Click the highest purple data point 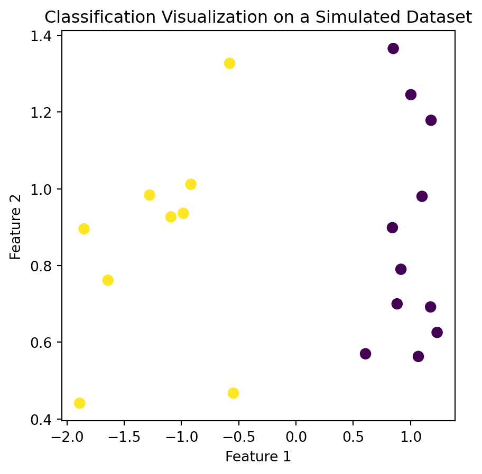(x=393, y=49)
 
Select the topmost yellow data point (x=229, y=63)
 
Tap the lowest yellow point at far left (x=79, y=403)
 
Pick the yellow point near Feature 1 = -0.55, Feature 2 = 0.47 (x=233, y=393)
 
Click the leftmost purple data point (x=365, y=354)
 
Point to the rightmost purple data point (x=437, y=333)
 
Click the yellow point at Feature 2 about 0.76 (x=108, y=280)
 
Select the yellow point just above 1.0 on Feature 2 (x=191, y=184)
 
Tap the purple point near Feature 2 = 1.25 (x=411, y=95)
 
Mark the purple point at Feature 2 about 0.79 (x=401, y=269)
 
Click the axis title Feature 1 (x=258, y=457)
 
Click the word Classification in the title (x=92, y=17)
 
